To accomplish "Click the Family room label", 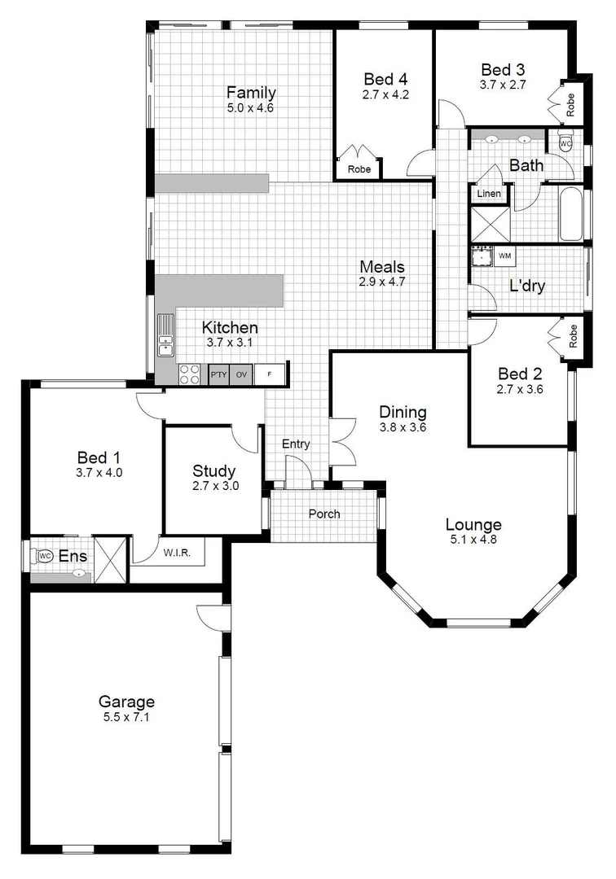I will (x=251, y=92).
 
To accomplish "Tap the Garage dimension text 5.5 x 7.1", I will (x=126, y=717).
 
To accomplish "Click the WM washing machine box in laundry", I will (x=505, y=256).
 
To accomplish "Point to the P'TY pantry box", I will (x=218, y=374).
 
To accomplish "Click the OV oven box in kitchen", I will (x=241, y=374).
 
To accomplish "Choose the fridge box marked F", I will (x=271, y=374).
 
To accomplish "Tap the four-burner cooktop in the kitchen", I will (x=190, y=374).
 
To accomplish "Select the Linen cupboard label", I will (x=489, y=194).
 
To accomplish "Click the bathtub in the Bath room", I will (x=571, y=214).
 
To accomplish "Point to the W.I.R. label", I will (x=176, y=554).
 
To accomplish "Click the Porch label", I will (x=324, y=514).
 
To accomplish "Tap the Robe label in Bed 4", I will (x=359, y=169).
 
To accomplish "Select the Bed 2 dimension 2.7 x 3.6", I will (x=520, y=389).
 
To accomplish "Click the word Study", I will (x=213, y=470).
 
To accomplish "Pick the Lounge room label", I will (x=473, y=524).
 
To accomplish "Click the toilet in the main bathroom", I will (x=566, y=143).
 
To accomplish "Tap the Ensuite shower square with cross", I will (x=112, y=559).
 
